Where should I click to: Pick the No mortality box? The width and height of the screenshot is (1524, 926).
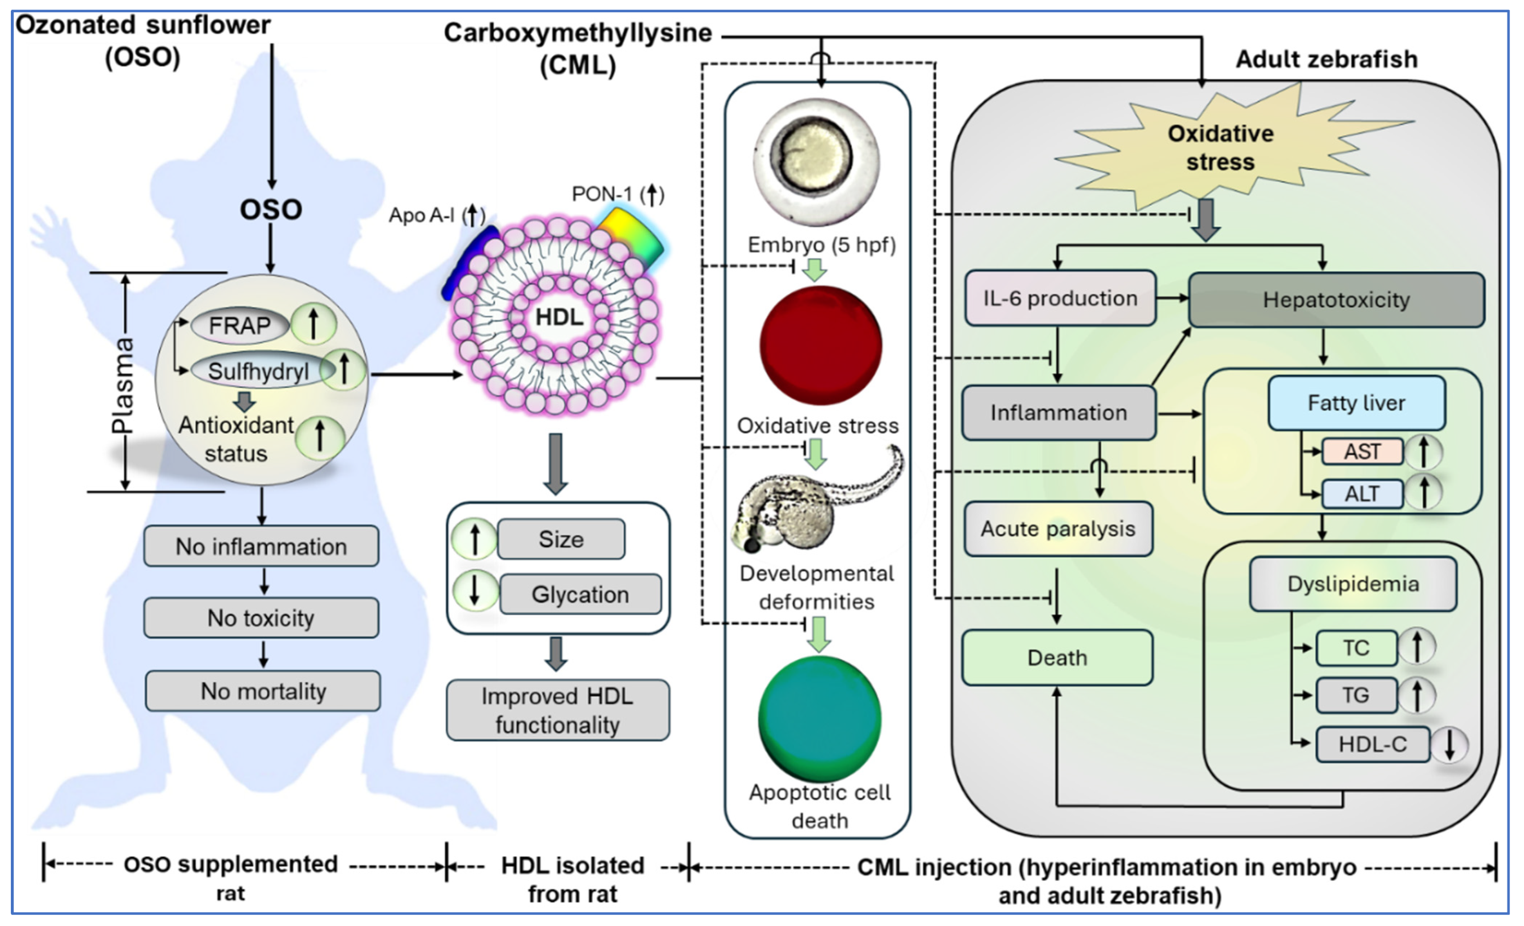pos(263,691)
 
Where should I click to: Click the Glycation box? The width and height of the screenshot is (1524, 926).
pos(580,594)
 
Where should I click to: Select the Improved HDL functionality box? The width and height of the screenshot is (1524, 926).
pos(557,710)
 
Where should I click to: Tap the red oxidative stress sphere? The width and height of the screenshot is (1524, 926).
pos(821,346)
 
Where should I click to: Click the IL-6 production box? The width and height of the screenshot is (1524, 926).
pos(1060,299)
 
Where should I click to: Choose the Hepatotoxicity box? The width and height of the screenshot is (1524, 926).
pos(1336,300)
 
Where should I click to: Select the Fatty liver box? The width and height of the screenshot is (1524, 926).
pos(1356,403)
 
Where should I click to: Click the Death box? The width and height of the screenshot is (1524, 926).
pos(1057,658)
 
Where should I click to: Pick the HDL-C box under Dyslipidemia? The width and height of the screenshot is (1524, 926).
pos(1373,744)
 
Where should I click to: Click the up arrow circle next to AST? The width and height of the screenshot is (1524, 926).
pos(1423,451)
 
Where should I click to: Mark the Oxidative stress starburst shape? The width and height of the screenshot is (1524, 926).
pos(1220,148)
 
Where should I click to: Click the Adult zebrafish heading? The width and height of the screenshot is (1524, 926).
pos(1326,59)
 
